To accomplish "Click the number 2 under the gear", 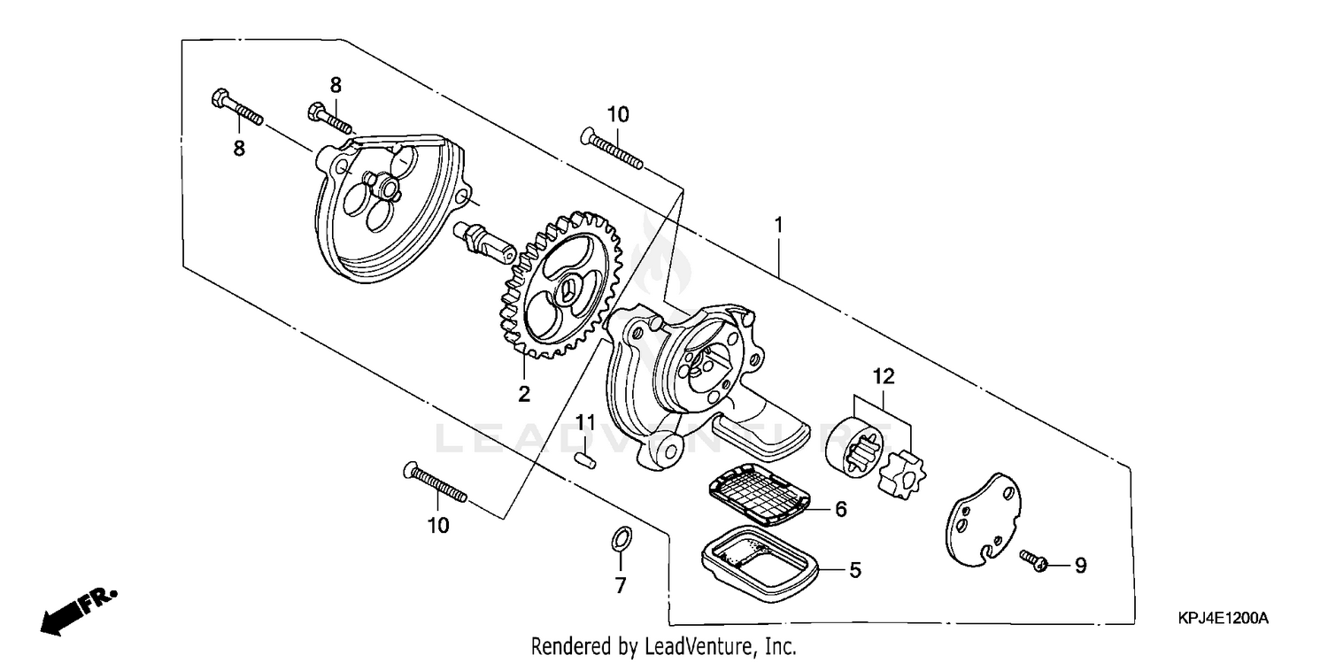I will pos(524,394).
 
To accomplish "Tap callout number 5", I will pos(855,570).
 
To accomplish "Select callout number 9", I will pos(1080,564).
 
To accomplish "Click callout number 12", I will pos(883,377).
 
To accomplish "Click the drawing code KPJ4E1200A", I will pos(1227,618).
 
